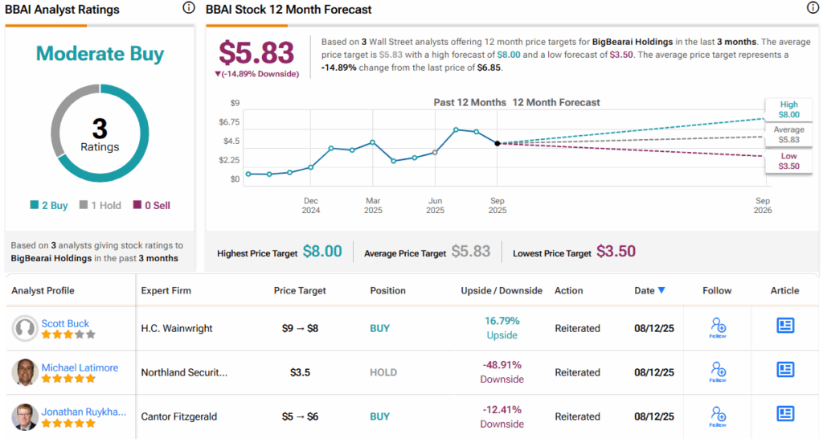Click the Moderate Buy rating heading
100,54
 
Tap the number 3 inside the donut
100,129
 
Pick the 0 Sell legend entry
152,205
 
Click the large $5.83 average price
257,52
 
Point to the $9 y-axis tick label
235,103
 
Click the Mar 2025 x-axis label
373,205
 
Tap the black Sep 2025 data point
497,143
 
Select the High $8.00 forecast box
788,109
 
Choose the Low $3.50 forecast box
788,161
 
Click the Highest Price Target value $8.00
322,252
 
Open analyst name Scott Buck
65,323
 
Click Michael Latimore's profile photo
25,372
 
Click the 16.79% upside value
502,321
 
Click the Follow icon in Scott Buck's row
718,327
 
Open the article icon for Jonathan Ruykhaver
785,413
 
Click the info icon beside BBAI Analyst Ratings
189,8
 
